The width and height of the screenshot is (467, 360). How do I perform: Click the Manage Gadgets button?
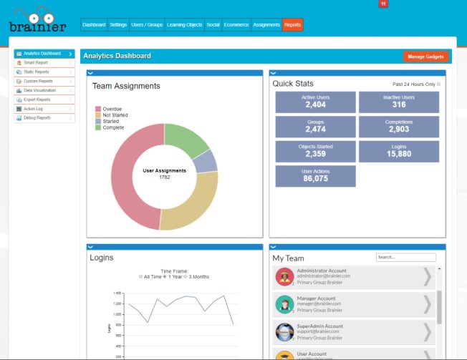pos(425,57)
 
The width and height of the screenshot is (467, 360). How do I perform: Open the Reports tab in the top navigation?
pos(292,25)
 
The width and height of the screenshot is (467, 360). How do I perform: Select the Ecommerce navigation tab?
pos(236,25)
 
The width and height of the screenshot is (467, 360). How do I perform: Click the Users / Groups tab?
pos(147,25)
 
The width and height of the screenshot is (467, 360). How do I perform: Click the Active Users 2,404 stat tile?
pos(315,102)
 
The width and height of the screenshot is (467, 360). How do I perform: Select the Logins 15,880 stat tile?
pos(399,151)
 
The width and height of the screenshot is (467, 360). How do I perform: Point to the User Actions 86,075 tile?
pos(315,176)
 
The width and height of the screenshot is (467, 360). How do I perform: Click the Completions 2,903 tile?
pos(399,127)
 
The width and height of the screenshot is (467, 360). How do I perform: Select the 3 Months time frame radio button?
pos(186,277)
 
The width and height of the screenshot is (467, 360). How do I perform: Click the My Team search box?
pos(395,258)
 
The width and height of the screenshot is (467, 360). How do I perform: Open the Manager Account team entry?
pos(355,304)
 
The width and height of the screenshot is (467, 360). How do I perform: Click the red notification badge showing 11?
pos(383,4)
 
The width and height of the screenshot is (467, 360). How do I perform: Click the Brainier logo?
pos(37,21)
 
